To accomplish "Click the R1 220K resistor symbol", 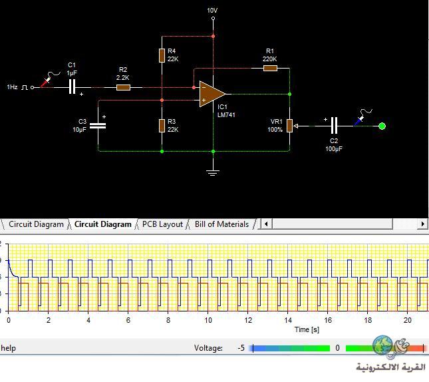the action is pyautogui.click(x=270, y=68).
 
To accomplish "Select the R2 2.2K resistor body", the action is pyautogui.click(x=123, y=88).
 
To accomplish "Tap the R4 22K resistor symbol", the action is pyautogui.click(x=162, y=56).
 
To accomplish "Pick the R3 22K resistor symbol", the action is pyautogui.click(x=162, y=126).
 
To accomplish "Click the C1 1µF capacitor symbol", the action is pyautogui.click(x=72, y=87).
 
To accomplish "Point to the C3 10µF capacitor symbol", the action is pyautogui.click(x=98, y=126).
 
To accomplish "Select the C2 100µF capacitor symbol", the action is pyautogui.click(x=334, y=126).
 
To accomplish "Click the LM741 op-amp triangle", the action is pyautogui.click(x=212, y=94).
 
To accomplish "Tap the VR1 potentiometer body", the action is pyautogui.click(x=290, y=126).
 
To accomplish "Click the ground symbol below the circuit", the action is pyautogui.click(x=213, y=172).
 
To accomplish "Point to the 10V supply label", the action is pyautogui.click(x=212, y=11).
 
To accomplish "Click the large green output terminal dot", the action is pyautogui.click(x=382, y=126).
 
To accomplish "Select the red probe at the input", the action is pyautogui.click(x=46, y=82).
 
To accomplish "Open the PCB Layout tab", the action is pyautogui.click(x=162, y=224).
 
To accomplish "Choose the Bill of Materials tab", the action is pyautogui.click(x=222, y=224).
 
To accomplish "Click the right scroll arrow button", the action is pyautogui.click(x=423, y=224).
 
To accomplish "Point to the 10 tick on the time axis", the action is pyautogui.click(x=208, y=320).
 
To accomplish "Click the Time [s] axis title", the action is pyautogui.click(x=307, y=329).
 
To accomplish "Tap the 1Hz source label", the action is pyautogui.click(x=12, y=87).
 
